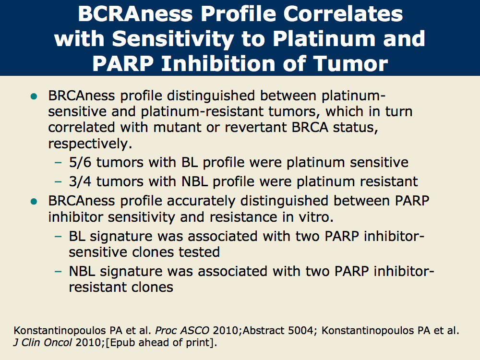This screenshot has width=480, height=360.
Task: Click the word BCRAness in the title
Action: point(135,14)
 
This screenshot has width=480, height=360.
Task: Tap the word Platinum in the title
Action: point(324,39)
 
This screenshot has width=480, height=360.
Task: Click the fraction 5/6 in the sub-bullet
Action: point(80,162)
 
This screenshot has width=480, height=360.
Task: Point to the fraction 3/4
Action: point(80,181)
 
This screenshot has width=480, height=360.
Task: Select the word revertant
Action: point(256,127)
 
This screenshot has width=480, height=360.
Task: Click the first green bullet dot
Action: point(34,97)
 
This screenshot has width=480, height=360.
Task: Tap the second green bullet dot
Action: point(34,202)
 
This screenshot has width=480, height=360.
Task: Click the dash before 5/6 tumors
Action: point(58,163)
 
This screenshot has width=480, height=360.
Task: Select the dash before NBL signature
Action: point(58,271)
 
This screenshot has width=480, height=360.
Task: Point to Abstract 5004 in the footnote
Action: point(278,331)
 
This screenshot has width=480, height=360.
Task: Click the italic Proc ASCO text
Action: point(182,331)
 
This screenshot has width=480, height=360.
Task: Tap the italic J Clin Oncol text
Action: point(43,342)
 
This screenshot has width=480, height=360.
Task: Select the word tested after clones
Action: point(199,252)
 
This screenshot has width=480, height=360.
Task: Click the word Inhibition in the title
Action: point(219,64)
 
